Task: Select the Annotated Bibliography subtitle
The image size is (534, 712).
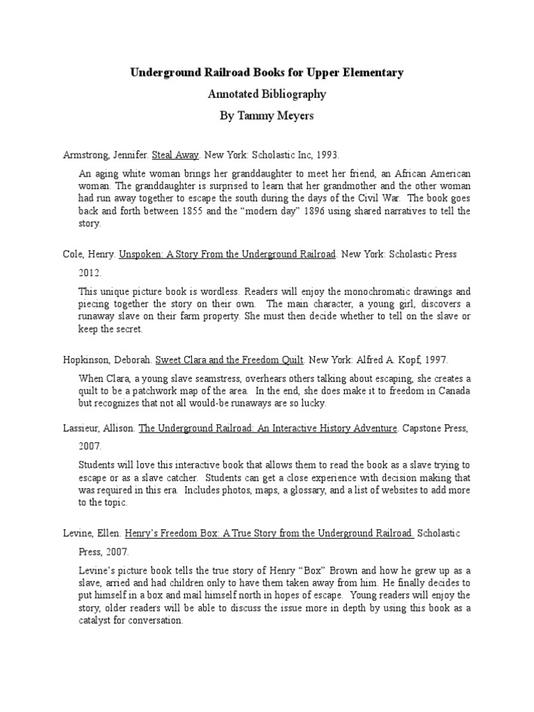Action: tap(266, 94)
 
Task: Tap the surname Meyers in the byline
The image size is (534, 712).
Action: tap(295, 115)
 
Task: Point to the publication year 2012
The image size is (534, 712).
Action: tap(89, 274)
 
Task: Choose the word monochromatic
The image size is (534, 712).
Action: tap(359, 291)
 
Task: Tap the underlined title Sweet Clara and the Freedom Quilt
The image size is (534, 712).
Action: tap(229, 360)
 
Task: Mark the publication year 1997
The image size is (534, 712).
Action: tap(433, 360)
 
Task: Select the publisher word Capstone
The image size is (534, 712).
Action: tap(421, 429)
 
